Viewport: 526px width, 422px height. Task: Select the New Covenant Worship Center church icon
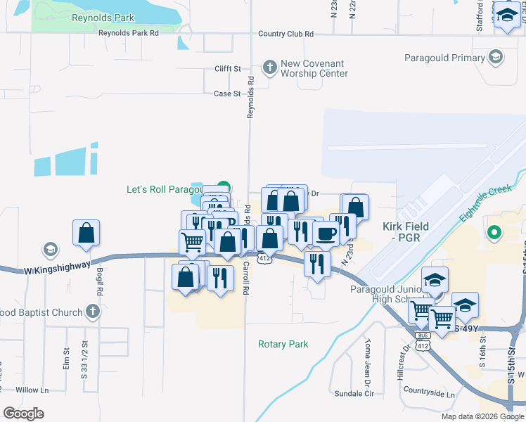click(269, 68)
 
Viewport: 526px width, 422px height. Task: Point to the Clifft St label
click(228, 69)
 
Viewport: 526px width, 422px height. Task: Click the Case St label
click(227, 94)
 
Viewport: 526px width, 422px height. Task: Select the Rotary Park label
click(283, 344)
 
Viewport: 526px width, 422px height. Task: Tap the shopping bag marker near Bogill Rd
click(86, 234)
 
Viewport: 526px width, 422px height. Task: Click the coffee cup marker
click(326, 234)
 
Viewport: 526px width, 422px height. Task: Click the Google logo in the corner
click(23, 413)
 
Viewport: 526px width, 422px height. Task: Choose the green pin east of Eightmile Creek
click(494, 231)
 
